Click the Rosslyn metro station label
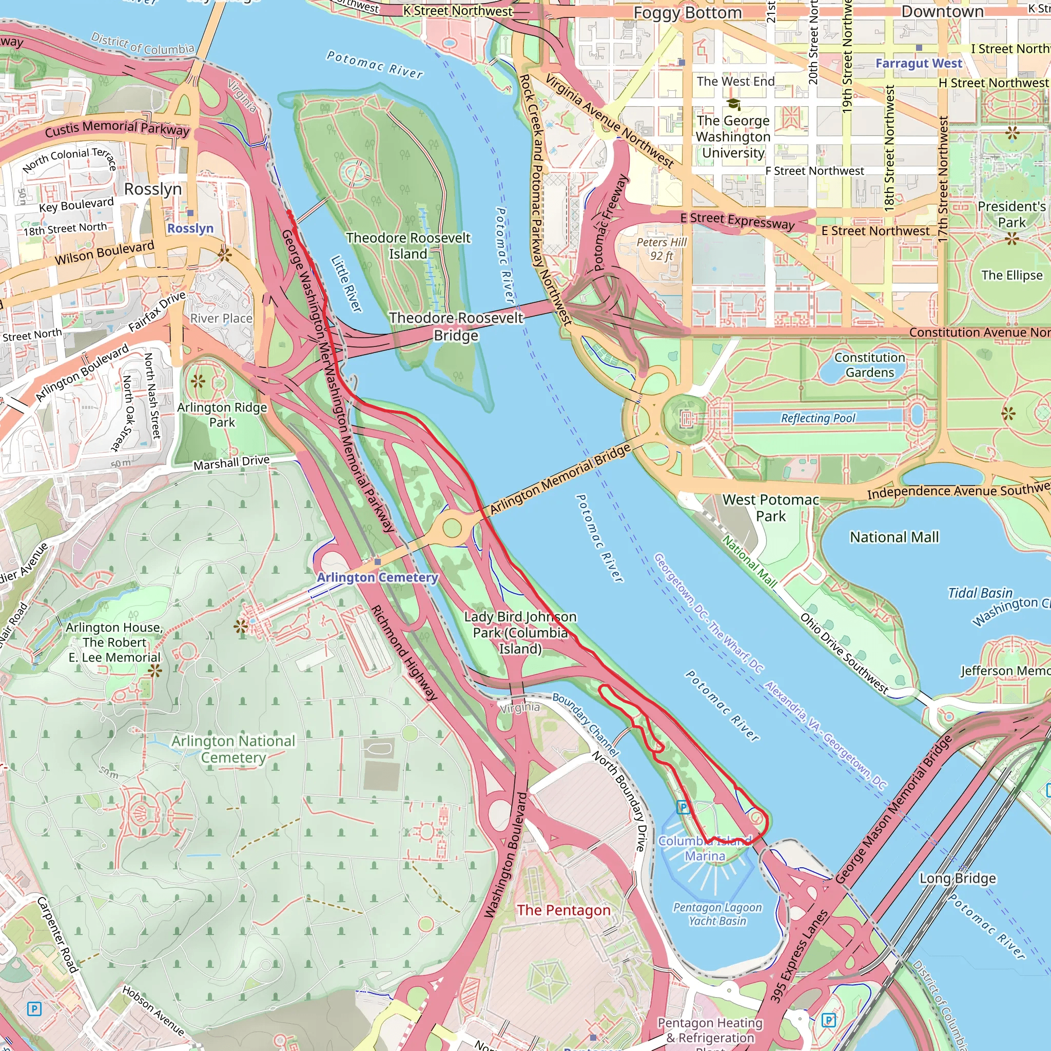click(x=190, y=228)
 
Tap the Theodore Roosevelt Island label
click(x=408, y=246)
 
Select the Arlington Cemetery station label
click(x=378, y=577)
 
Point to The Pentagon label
click(x=563, y=910)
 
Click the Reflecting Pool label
click(x=818, y=418)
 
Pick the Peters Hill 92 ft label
click(x=661, y=248)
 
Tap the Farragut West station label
click(x=918, y=63)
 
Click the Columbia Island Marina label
click(x=705, y=848)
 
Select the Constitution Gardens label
click(x=869, y=364)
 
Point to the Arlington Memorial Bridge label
click(x=560, y=479)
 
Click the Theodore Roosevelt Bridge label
click(x=456, y=326)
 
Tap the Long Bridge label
click(x=958, y=879)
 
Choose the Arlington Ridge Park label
click(x=222, y=415)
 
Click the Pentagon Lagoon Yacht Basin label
click(x=717, y=914)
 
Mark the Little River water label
click(x=346, y=284)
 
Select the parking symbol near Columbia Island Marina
click(x=683, y=807)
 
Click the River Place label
click(x=221, y=318)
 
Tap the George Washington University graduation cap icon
click(x=733, y=103)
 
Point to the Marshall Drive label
click(x=231, y=463)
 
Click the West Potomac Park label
click(x=770, y=508)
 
